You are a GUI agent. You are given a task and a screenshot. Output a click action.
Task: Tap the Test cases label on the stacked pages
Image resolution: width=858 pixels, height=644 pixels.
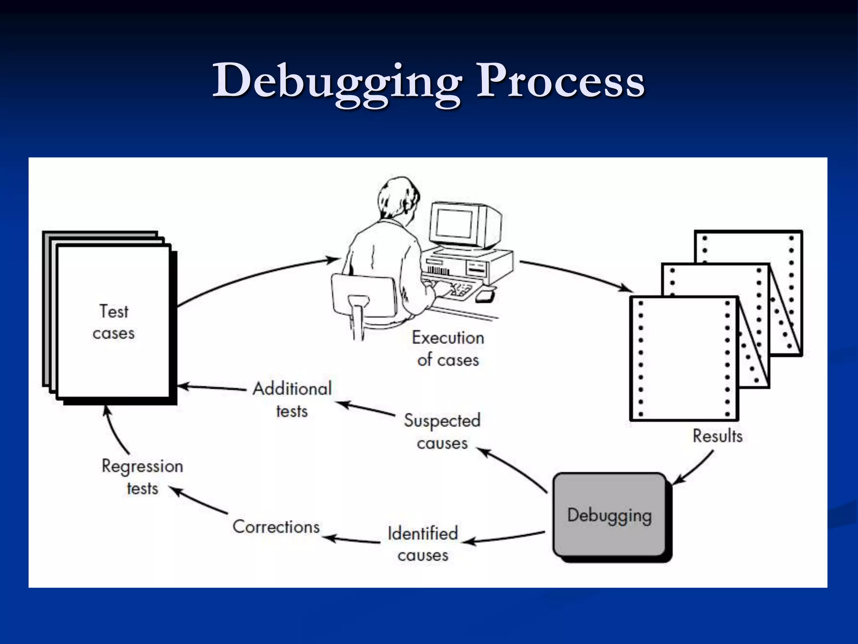114,322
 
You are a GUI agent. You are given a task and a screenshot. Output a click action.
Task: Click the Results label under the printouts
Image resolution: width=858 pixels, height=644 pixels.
717,436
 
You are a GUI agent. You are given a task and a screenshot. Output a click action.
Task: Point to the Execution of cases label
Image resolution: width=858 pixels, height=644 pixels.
448,349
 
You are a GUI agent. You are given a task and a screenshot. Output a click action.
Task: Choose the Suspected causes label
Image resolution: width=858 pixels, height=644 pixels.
442,431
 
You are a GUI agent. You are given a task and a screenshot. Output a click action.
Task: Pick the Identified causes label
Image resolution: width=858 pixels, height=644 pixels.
423,544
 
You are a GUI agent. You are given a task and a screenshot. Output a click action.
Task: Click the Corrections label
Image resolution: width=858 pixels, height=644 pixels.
276,527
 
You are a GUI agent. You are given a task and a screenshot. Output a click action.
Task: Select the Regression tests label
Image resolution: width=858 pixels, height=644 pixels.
142,477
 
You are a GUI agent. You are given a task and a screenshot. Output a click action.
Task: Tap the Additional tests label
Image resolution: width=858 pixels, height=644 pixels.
292,400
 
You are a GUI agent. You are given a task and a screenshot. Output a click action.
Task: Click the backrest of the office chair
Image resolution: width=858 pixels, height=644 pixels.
364,293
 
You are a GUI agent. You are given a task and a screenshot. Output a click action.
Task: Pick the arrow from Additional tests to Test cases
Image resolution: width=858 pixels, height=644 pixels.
212,387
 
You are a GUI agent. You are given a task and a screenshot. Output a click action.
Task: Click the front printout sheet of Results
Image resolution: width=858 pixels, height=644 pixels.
684,358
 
